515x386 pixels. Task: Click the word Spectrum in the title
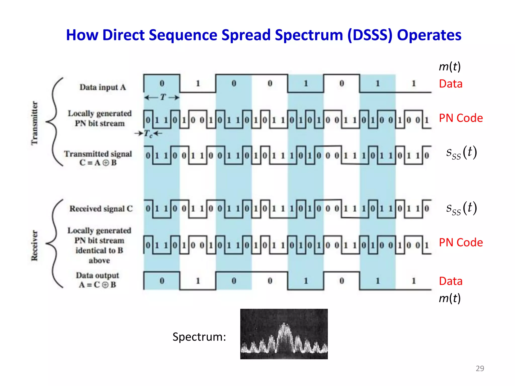[309, 35]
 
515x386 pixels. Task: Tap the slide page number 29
[480, 368]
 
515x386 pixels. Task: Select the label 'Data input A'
[103, 87]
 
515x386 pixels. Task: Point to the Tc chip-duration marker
[148, 134]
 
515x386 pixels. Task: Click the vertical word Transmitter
[34, 123]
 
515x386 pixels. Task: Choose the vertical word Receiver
[34, 246]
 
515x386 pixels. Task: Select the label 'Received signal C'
[101, 209]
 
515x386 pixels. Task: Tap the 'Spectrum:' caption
[199, 337]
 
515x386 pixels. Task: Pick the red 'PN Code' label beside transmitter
[461, 118]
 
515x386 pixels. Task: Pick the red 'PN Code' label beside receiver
[461, 243]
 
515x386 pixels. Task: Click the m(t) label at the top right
[450, 67]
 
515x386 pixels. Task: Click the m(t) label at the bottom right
[450, 298]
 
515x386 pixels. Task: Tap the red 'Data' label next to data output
[451, 281]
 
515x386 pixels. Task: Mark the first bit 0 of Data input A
[162, 83]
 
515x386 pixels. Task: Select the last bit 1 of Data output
[414, 281]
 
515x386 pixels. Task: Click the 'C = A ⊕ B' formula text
[98, 163]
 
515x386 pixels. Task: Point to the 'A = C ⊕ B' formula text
[98, 285]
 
